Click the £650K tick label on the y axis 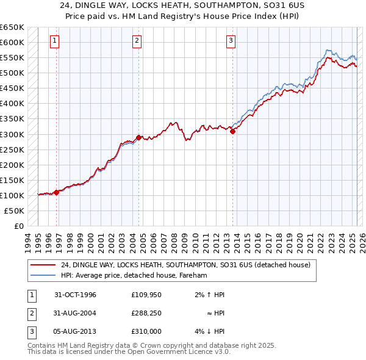pyautogui.click(x=12, y=27)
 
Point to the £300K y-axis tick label pyautogui.click(x=12, y=134)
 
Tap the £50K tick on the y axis pyautogui.click(x=14, y=211)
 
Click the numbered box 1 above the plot pyautogui.click(x=54, y=41)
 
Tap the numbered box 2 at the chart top pyautogui.click(x=137, y=41)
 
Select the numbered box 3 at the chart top pyautogui.click(x=231, y=41)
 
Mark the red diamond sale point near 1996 pyautogui.click(x=57, y=192)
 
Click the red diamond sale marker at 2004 pyautogui.click(x=138, y=137)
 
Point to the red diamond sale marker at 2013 pyautogui.click(x=232, y=131)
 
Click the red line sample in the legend pyautogui.click(x=43, y=265)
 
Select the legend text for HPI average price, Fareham pyautogui.click(x=134, y=275)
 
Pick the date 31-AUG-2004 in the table pyautogui.click(x=76, y=312)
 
